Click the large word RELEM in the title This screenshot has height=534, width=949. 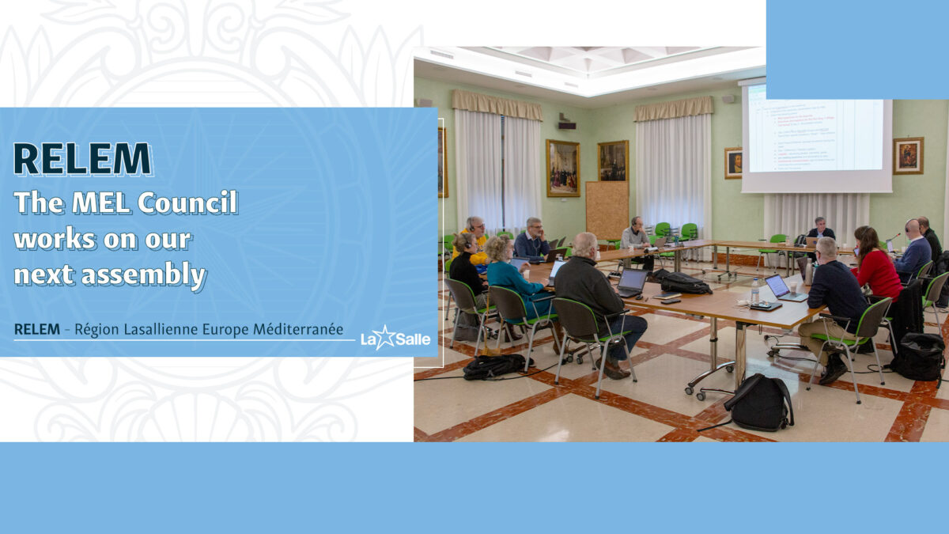tap(82, 159)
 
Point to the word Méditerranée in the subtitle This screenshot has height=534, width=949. tap(298, 328)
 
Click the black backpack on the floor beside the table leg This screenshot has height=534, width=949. tap(758, 403)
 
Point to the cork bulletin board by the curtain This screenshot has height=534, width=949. tap(607, 209)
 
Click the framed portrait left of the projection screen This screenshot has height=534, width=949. tap(733, 162)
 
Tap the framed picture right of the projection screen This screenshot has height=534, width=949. tap(907, 155)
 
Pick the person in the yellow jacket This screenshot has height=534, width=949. tap(476, 240)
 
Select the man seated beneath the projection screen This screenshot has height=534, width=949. tap(819, 230)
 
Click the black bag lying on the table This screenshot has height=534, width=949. tap(685, 282)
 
